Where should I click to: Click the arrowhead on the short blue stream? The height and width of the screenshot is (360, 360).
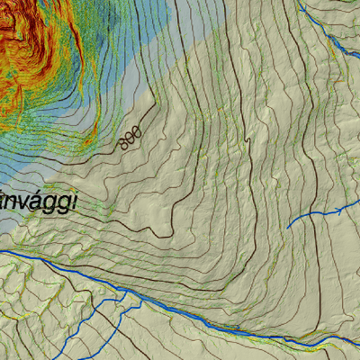point(340,210)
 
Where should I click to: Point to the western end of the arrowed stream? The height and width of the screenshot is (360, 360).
point(289,227)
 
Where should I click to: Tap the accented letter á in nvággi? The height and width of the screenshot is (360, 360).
point(35,201)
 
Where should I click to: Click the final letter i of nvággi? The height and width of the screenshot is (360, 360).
point(74,201)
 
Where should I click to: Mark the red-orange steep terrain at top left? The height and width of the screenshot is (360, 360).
point(36,45)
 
